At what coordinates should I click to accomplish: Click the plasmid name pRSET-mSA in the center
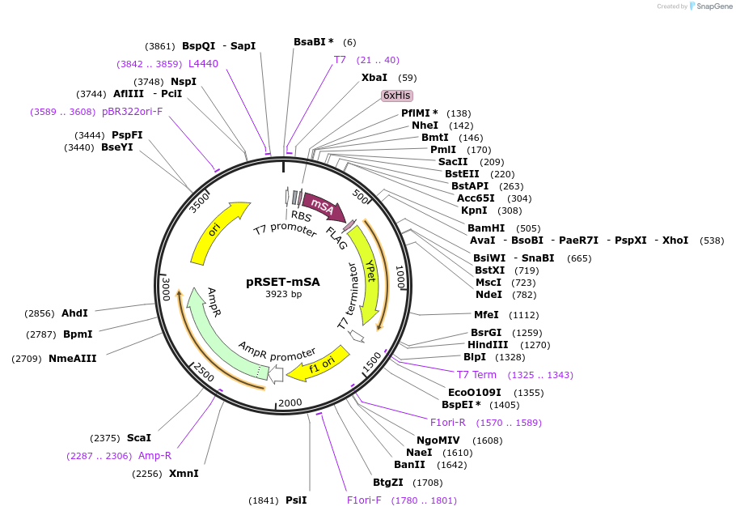coord(283,282)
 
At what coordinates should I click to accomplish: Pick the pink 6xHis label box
coord(397,96)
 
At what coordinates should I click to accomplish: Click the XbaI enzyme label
coord(374,78)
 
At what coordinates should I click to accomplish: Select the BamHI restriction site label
coord(486,228)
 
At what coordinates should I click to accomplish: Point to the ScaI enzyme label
coord(138,437)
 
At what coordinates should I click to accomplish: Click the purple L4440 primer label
coord(203,63)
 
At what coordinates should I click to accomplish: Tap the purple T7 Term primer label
coord(476,374)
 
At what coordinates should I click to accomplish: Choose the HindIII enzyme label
coord(487,344)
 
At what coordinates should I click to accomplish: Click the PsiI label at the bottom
coord(296,500)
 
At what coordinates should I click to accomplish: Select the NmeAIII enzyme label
coord(72,358)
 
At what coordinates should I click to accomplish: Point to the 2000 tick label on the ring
coord(289,403)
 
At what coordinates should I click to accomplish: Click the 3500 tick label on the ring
coord(199,201)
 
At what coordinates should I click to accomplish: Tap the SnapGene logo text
coord(711,6)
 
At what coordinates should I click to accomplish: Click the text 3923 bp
coord(283,294)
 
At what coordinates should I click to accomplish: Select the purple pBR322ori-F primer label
coord(133,111)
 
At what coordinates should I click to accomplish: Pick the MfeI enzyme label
coord(486,315)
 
